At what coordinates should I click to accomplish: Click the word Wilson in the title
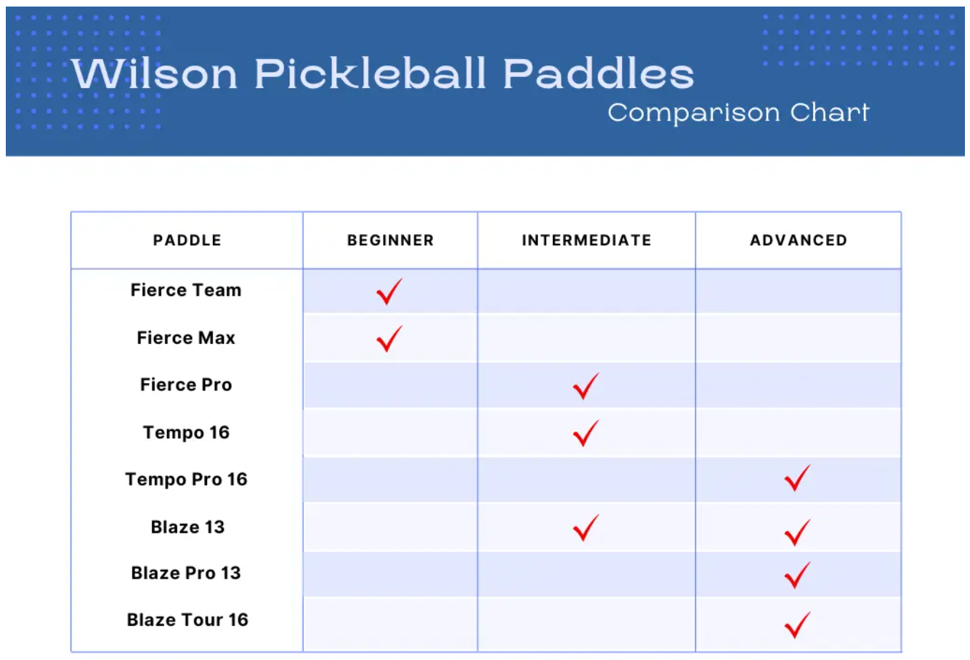pyautogui.click(x=155, y=73)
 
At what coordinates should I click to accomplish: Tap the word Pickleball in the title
pyautogui.click(x=371, y=73)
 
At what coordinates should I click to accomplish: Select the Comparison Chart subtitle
pyautogui.click(x=738, y=113)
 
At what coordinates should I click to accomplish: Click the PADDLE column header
pyautogui.click(x=187, y=241)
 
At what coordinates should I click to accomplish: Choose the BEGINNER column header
pyautogui.click(x=391, y=241)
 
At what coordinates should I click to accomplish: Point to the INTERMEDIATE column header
pyautogui.click(x=587, y=241)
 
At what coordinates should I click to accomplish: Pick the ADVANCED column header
pyautogui.click(x=799, y=241)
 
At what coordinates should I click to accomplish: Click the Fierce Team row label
pyautogui.click(x=186, y=290)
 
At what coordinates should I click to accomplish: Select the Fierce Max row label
pyautogui.click(x=186, y=338)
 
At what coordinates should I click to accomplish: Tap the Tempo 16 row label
pyautogui.click(x=186, y=432)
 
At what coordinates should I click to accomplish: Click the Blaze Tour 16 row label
pyautogui.click(x=187, y=620)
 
